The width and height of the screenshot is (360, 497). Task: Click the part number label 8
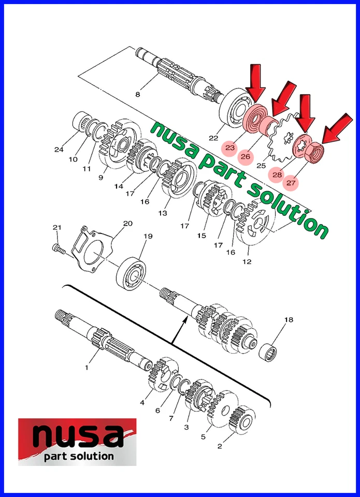(x=137, y=94)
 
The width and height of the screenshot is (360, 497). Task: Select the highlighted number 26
(x=246, y=156)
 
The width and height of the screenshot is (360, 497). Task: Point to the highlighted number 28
(x=278, y=175)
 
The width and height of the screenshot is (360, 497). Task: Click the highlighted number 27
(x=291, y=183)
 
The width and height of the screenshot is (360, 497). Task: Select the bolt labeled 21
(x=58, y=249)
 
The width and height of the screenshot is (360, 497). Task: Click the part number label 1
(x=87, y=367)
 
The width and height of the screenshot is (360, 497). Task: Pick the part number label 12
(x=247, y=261)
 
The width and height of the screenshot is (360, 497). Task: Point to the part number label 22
(x=213, y=138)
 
